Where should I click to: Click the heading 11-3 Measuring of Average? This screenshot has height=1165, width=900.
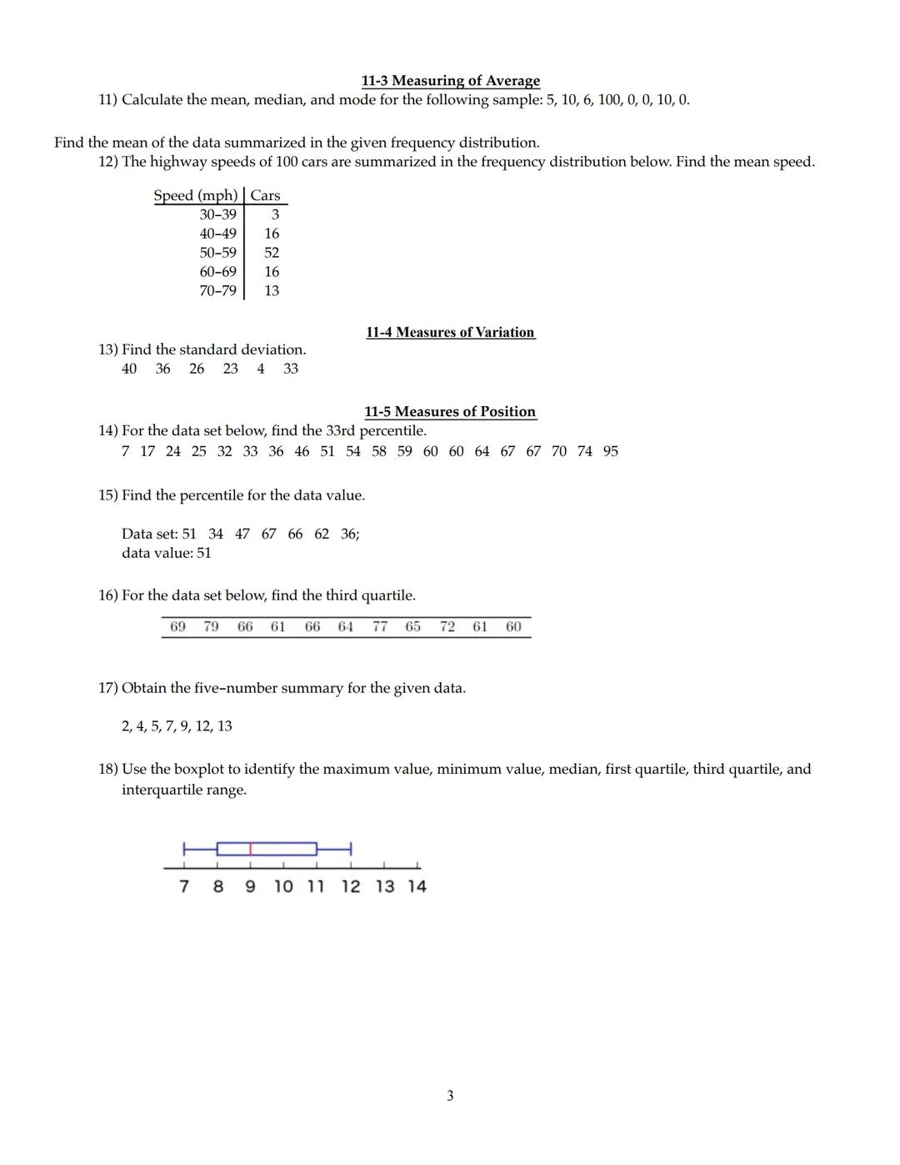450,81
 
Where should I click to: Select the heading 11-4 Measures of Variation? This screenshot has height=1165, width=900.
450,332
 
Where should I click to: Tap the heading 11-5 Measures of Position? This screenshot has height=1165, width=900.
450,412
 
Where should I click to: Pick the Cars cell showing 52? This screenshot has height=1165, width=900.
272,253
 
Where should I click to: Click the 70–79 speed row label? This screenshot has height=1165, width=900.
217,291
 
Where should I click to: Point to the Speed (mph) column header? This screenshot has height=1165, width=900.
196,196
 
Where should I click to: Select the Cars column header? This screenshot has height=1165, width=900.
265,196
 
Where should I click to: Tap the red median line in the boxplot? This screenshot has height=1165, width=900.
251,849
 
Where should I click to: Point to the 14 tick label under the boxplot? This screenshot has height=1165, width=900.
417,886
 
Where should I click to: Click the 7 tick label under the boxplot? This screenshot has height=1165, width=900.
184,886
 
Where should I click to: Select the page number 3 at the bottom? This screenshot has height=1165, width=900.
450,1096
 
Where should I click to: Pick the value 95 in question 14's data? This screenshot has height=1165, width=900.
611,451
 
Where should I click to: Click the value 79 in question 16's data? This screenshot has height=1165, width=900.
212,626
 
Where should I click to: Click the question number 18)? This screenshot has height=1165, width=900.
108,769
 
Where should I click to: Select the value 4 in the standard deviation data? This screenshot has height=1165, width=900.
261,369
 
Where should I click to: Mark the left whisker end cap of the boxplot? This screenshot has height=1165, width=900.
184,849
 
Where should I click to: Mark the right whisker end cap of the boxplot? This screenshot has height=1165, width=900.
351,849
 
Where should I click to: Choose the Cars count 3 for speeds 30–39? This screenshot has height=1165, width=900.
275,215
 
